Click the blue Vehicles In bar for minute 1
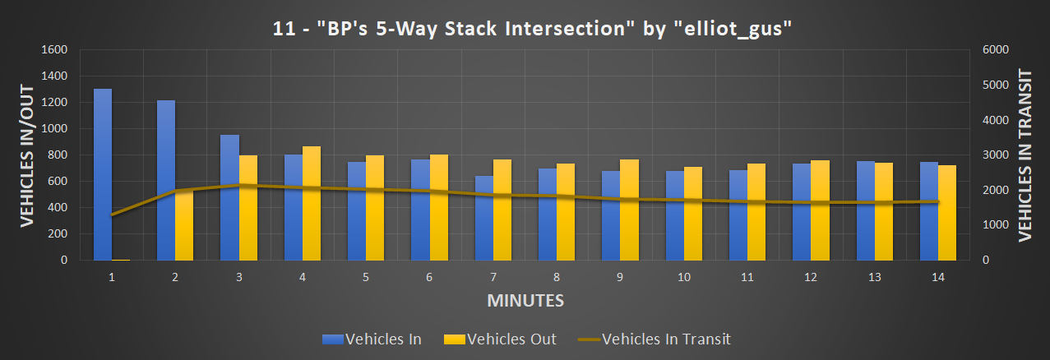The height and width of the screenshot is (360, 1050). click(x=103, y=174)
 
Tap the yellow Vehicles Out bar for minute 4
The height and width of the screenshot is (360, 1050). click(x=312, y=203)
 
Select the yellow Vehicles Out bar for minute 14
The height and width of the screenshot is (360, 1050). click(x=947, y=213)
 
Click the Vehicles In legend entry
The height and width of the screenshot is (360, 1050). click(x=373, y=339)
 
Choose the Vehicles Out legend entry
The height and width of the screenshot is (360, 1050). click(x=500, y=339)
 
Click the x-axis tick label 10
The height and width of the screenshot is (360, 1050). click(x=683, y=278)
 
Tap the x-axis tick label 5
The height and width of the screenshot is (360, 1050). click(x=365, y=278)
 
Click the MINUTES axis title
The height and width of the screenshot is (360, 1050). click(x=525, y=301)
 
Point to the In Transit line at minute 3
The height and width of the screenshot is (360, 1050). click(x=238, y=185)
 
